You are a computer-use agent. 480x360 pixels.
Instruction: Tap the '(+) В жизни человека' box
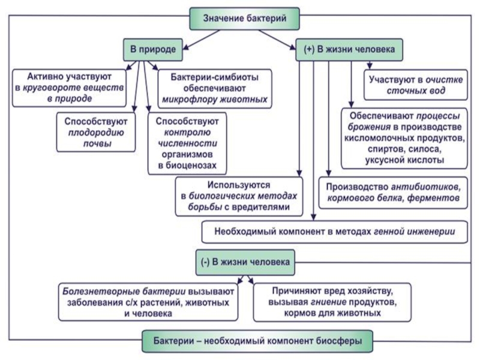point(349,50)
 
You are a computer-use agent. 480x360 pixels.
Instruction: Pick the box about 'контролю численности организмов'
point(186,142)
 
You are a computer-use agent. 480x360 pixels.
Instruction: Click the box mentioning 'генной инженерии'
point(335,230)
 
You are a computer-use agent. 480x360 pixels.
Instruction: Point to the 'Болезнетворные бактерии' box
point(149,301)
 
